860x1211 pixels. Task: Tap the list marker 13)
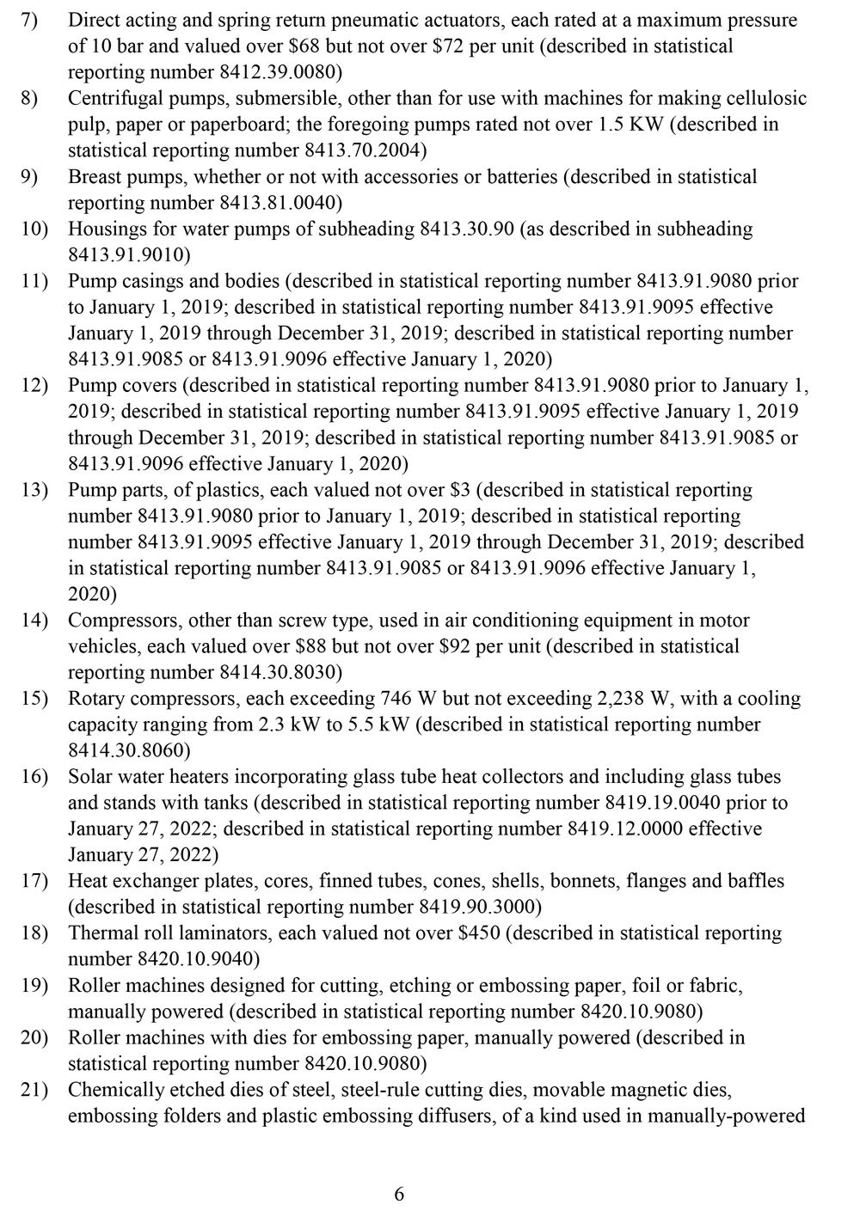pyautogui.click(x=35, y=490)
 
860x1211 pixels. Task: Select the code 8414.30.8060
pyautogui.click(x=129, y=750)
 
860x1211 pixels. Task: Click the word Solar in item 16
pyautogui.click(x=89, y=776)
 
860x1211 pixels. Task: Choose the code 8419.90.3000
pyautogui.click(x=476, y=907)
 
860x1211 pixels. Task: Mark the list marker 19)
pyautogui.click(x=35, y=985)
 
